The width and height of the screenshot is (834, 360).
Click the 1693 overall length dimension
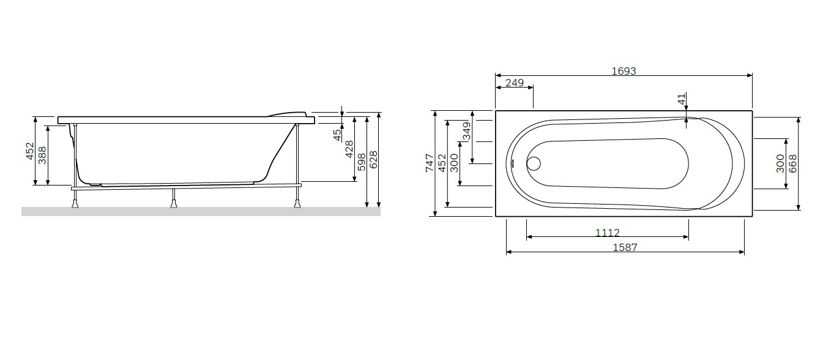coord(624,71)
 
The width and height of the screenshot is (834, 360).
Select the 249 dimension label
coord(515,83)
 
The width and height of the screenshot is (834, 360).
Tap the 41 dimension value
coord(681,100)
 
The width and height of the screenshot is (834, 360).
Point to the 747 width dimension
coord(430,163)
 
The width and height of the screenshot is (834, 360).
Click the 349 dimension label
coord(466,131)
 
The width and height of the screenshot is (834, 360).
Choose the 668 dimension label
coord(792,163)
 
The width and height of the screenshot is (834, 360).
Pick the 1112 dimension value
coord(607,233)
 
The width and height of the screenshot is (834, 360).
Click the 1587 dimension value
coord(625,247)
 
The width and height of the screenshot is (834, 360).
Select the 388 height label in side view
coord(42,155)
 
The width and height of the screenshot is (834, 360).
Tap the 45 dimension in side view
coord(337,135)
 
